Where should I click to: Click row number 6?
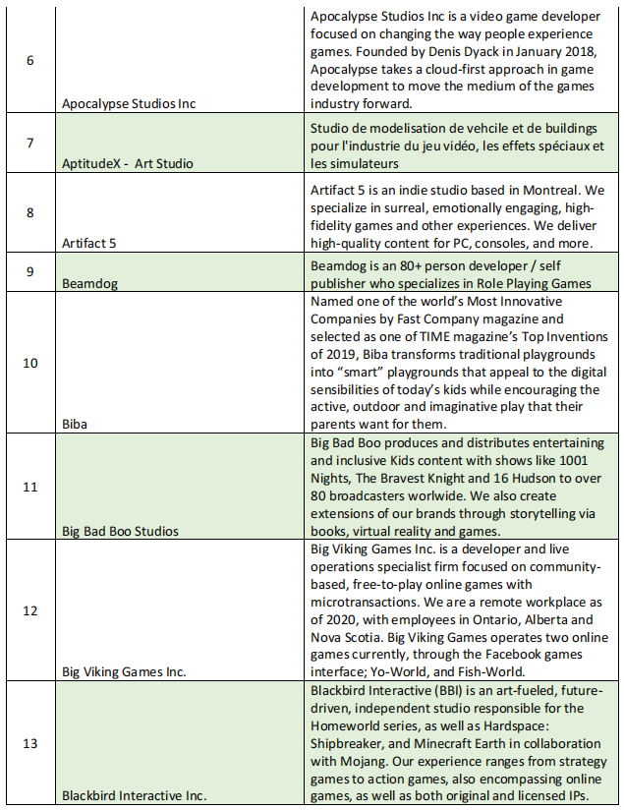tap(29, 60)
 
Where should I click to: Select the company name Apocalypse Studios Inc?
tap(128, 102)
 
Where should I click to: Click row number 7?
tap(29, 143)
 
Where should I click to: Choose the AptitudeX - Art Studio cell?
tap(127, 163)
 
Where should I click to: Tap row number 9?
tap(29, 271)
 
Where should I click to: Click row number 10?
tap(29, 363)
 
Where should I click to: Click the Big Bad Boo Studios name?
tap(120, 531)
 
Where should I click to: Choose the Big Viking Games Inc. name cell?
tap(125, 672)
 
